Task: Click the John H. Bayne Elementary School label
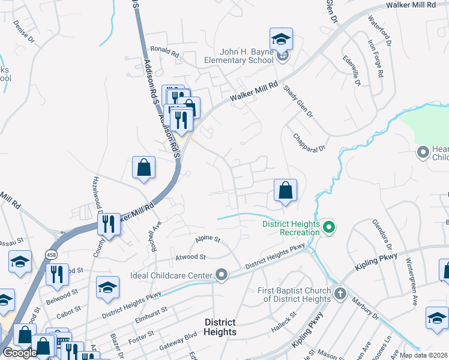click(238, 56)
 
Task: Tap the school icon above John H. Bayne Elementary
click(281, 40)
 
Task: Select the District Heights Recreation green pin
click(328, 227)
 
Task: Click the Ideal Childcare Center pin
click(222, 275)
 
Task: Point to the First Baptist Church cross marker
click(340, 294)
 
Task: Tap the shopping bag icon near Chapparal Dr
click(286, 190)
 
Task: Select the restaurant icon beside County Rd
click(109, 224)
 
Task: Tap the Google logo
click(20, 353)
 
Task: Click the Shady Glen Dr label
click(298, 104)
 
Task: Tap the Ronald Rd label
click(165, 52)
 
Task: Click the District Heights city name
click(220, 327)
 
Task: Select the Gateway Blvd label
click(178, 342)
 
